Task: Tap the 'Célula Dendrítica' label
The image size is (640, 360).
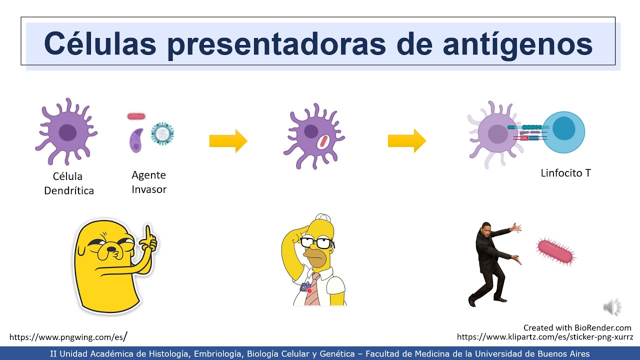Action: coord(68,183)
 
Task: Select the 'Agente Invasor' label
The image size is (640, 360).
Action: coord(148,182)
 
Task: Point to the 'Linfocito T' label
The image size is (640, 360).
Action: coord(565,173)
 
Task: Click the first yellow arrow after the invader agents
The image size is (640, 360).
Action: coord(228,141)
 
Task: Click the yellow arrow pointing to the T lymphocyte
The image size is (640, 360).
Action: coord(406,141)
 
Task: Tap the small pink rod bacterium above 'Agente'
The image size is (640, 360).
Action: coord(136,116)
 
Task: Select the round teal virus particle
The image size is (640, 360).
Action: coord(162,133)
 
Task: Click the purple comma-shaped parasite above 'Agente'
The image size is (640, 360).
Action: coord(136,140)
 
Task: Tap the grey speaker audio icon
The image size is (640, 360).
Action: coord(611,307)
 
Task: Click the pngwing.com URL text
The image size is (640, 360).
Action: coord(68,337)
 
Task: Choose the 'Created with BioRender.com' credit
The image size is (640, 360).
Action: coord(577,328)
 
